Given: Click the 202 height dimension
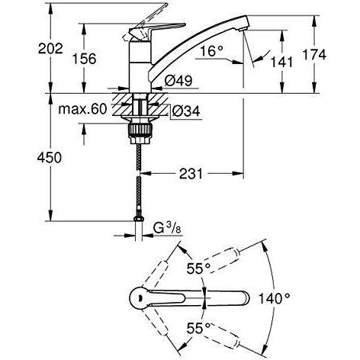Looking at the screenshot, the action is coord(50,48).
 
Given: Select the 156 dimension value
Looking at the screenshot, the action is coord(85,59).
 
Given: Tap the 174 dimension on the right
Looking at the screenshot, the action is coord(315,55).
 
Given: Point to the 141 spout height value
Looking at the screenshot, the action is coord(281,62).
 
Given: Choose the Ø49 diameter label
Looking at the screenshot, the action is coord(178,81).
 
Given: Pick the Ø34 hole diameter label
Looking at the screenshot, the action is coord(186,111).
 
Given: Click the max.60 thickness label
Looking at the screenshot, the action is coord(82,109).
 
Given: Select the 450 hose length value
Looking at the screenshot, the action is coord(50,158).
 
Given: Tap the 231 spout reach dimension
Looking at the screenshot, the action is coord(191,174).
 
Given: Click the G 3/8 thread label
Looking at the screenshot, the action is coord(167,229).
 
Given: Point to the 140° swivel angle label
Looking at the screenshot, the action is coord(275,298).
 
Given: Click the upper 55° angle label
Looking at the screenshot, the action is coord(198,268).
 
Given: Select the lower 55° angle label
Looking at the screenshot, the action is coord(198,328).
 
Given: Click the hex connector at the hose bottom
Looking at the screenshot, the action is coord(139,218).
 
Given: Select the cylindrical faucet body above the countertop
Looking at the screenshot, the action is coord(140,67).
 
